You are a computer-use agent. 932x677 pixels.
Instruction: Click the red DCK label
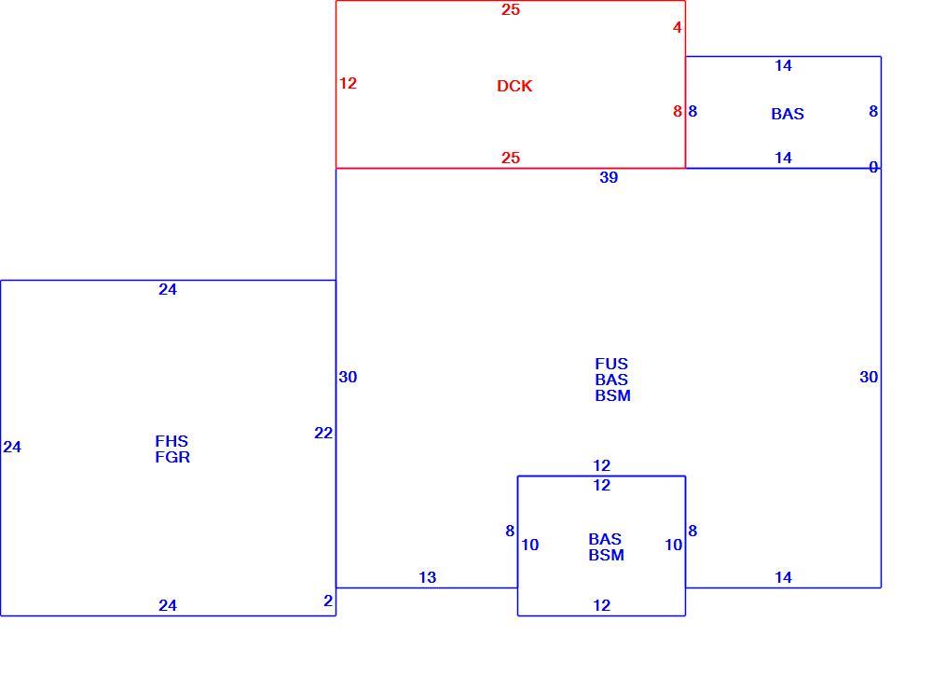click(514, 87)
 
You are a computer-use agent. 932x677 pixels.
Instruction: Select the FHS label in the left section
click(171, 441)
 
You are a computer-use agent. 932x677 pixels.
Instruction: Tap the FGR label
click(173, 458)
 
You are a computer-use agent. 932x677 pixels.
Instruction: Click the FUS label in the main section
click(611, 364)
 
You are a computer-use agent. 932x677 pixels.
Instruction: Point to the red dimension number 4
click(678, 27)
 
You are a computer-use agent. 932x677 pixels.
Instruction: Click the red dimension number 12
click(349, 83)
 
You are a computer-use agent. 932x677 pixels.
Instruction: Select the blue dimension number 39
click(609, 177)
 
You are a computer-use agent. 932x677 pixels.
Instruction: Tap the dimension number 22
click(323, 433)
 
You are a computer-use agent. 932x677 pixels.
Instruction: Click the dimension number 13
click(428, 577)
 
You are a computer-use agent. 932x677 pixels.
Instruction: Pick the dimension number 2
click(328, 601)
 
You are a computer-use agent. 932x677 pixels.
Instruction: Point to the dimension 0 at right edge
click(873, 168)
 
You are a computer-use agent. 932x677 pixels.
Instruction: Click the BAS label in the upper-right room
click(788, 114)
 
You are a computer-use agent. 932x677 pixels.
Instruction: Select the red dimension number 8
click(678, 111)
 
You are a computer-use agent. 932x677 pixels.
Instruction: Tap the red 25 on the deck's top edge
click(511, 10)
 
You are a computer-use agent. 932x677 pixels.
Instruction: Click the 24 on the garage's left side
click(12, 448)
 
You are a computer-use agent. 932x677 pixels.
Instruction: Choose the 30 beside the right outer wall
click(869, 377)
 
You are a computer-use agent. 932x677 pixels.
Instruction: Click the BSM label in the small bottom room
click(607, 556)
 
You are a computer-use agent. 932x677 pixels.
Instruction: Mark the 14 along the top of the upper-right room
click(784, 66)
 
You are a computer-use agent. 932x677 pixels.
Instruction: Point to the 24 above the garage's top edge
click(168, 290)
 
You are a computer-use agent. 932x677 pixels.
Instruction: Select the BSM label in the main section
click(613, 396)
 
